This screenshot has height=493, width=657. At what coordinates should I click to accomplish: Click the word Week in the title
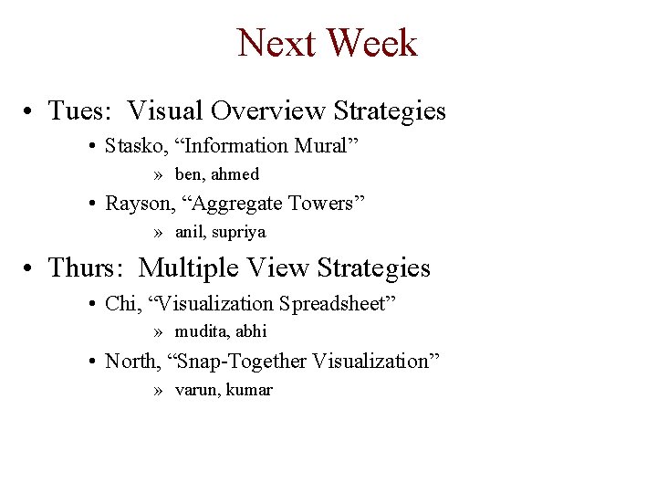pos(371,43)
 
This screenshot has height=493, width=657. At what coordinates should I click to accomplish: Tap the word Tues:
pos(81,111)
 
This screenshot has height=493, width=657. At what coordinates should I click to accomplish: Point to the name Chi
pos(120,303)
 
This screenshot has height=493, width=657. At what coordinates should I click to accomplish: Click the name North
pos(131,362)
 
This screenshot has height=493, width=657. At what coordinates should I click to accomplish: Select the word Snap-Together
pos(238,362)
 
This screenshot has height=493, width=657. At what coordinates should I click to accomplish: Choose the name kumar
pos(250,391)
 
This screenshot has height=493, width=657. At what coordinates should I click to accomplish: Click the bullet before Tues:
pos(31,112)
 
